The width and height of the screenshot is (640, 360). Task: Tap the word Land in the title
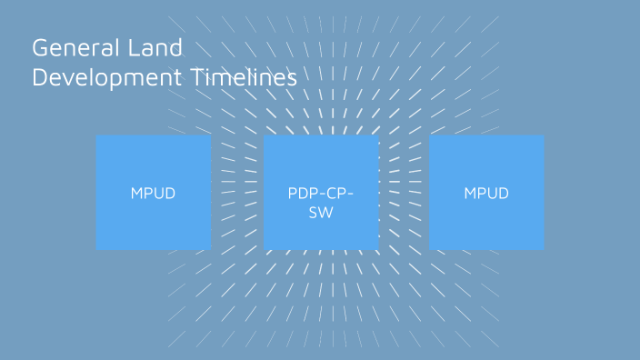tap(162, 48)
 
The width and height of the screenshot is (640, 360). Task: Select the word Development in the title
tap(105, 78)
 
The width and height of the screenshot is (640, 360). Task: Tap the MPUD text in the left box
tap(153, 194)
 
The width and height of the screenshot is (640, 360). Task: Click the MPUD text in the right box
tap(486, 194)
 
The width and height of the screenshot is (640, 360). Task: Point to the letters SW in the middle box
tap(321, 212)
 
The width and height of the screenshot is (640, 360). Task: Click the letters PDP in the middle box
tap(303, 194)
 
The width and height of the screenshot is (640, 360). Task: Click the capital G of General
tap(40, 48)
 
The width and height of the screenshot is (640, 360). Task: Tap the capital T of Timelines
tap(195, 78)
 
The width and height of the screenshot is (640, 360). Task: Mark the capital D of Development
tap(39, 78)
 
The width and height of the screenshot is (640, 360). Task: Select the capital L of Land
tap(145, 48)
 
